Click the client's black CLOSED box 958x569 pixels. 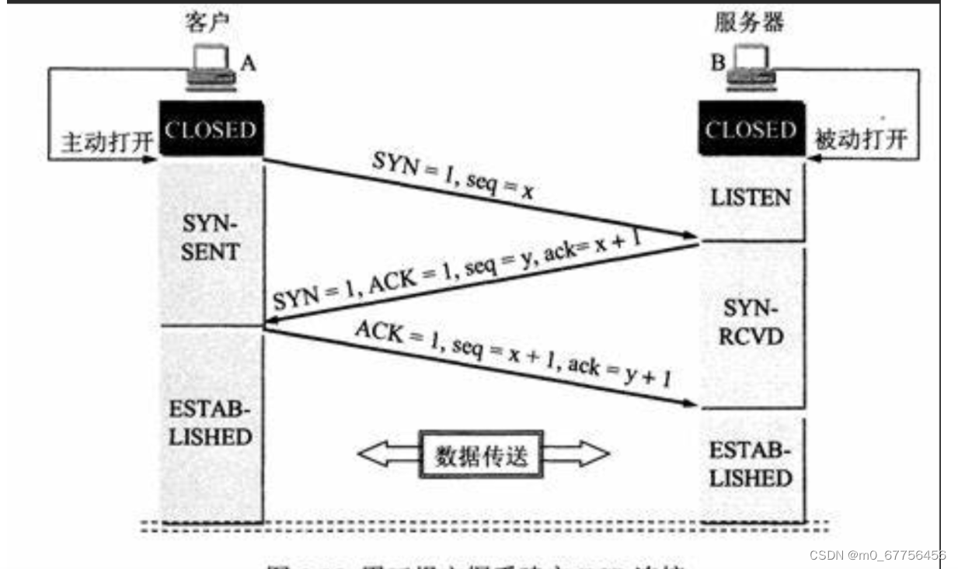tap(211, 130)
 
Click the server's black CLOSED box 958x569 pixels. tap(751, 130)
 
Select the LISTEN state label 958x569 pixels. tap(751, 198)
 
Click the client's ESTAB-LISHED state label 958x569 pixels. tap(211, 422)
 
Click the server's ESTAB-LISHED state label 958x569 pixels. tap(751, 463)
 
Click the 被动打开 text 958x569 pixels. tap(860, 140)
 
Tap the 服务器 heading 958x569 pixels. tap(749, 23)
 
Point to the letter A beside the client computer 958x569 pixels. tap(247, 64)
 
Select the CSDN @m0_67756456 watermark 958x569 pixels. tap(877, 555)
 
